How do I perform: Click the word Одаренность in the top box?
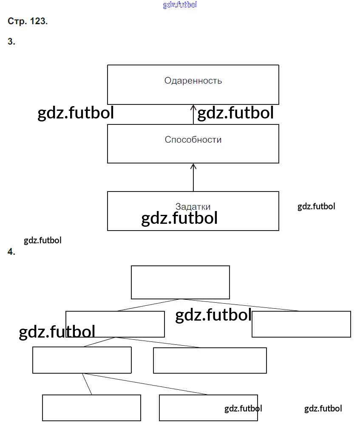pos(193,81)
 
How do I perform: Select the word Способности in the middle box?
pos(193,140)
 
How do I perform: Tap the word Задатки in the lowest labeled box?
pos(193,207)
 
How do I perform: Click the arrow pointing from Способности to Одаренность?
pos(193,115)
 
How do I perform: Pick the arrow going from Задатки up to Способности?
pos(193,177)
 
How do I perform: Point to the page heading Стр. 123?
pos(28,21)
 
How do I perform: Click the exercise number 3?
pos(11,42)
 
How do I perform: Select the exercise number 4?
pos(11,252)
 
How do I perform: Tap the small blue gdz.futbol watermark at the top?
pos(180,5)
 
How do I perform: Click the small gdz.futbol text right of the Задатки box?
pos(316,206)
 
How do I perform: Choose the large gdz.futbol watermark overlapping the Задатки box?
pos(179,218)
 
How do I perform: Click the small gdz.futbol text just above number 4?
pos(43,240)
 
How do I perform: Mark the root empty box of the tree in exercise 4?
pos(180,282)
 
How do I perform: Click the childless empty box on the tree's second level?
pos(301,324)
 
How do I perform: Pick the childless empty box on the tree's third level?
pos(210,361)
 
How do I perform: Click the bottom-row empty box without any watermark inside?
pos(91,408)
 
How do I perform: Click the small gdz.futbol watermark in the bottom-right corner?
pos(323,408)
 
